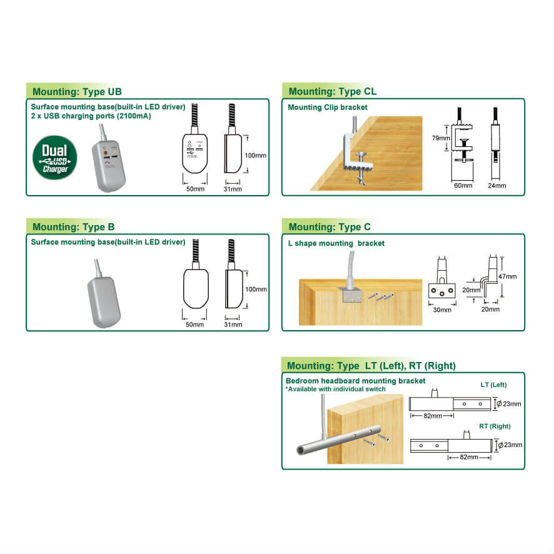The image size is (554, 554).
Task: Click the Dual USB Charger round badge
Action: click(x=55, y=158)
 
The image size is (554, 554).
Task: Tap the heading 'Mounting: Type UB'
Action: click(x=77, y=92)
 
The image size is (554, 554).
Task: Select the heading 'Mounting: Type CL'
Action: click(x=333, y=91)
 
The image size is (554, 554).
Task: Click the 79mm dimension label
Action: click(x=441, y=138)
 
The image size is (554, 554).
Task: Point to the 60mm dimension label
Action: click(x=463, y=186)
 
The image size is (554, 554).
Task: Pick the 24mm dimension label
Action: click(x=496, y=186)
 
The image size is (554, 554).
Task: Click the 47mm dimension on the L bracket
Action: click(x=507, y=276)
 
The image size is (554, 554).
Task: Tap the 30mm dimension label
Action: click(x=442, y=310)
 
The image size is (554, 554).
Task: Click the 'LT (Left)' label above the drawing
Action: click(x=493, y=385)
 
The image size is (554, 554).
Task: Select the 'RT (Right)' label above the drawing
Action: click(x=495, y=426)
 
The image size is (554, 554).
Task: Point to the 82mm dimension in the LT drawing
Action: click(x=433, y=416)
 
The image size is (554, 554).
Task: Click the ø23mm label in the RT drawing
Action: click(x=510, y=445)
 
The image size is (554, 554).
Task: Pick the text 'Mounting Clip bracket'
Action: click(x=328, y=108)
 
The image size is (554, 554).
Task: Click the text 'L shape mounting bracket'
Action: click(x=336, y=243)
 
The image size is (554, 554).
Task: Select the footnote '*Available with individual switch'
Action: click(x=335, y=389)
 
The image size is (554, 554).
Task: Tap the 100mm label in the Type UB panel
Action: click(x=256, y=156)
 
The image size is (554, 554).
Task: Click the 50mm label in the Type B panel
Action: click(x=194, y=325)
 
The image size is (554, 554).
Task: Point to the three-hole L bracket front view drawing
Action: click(x=442, y=278)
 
